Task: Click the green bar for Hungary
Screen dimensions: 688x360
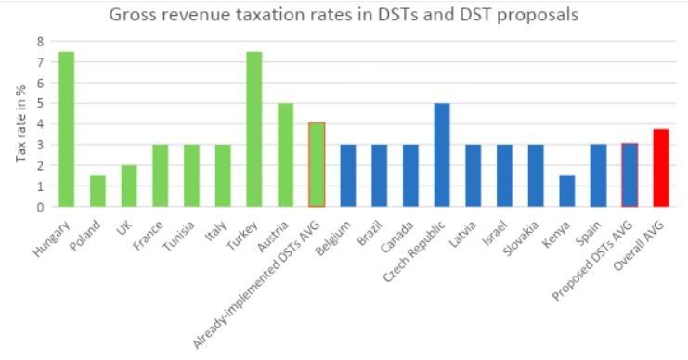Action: tap(66, 129)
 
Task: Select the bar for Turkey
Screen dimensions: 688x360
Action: tap(254, 129)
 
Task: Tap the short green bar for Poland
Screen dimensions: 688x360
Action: tap(97, 191)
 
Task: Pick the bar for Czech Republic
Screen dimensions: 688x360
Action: tap(442, 155)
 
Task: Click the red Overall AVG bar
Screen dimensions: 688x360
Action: tap(661, 168)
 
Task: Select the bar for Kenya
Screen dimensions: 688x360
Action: tap(567, 191)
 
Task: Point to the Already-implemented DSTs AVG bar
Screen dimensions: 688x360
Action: tap(317, 165)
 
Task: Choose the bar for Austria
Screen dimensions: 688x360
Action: tap(285, 155)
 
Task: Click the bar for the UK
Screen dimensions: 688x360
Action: tap(129, 186)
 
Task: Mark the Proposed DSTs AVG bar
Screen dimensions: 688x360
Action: tap(630, 175)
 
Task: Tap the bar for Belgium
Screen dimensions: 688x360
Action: tap(348, 176)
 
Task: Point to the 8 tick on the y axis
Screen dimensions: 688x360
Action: tap(40, 42)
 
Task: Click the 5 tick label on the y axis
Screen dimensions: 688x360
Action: tap(40, 104)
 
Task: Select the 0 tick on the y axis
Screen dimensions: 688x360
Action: tap(40, 208)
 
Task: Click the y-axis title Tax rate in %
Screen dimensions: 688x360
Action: tap(20, 123)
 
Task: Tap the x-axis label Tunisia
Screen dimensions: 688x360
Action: tap(179, 236)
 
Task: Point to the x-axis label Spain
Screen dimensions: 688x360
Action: tap(587, 233)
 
